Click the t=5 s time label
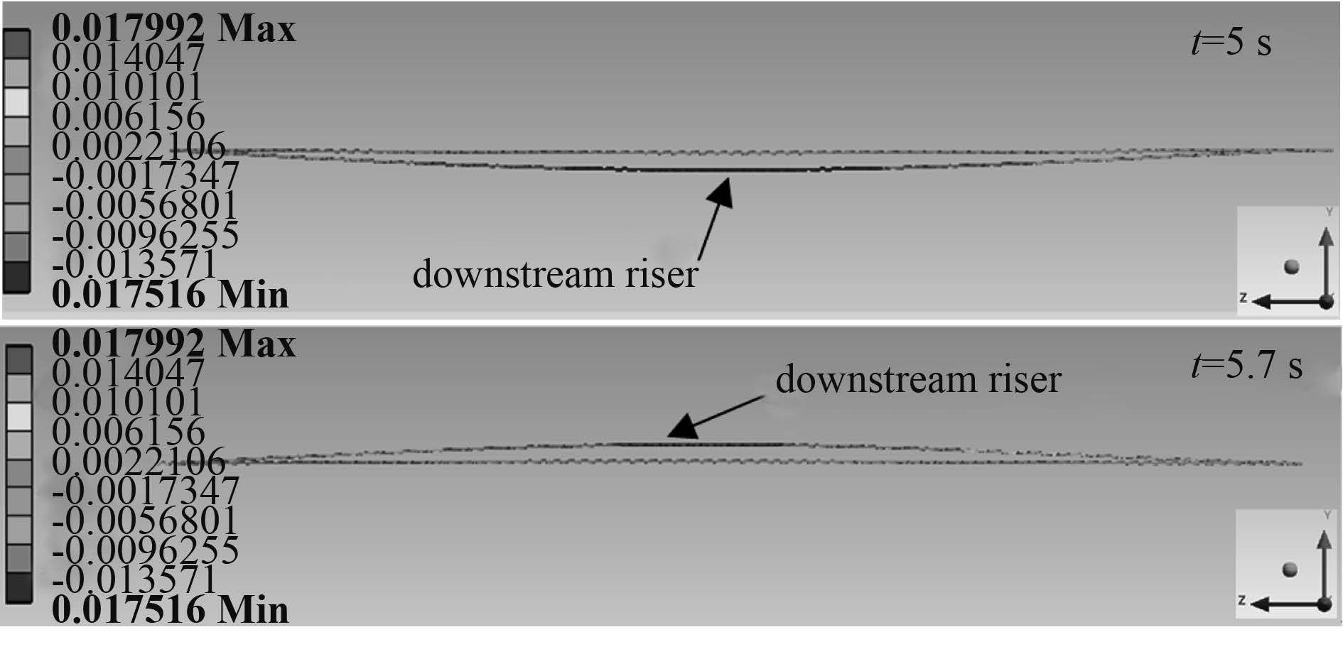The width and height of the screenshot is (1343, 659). [1231, 43]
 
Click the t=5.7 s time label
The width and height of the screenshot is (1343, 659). [1246, 366]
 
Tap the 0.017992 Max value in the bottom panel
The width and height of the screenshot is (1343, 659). [173, 344]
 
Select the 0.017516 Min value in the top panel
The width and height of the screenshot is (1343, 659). [171, 295]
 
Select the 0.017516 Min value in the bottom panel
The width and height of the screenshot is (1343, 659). [171, 610]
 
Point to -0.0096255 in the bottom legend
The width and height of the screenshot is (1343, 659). [146, 550]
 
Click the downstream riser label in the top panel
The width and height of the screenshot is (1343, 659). [555, 274]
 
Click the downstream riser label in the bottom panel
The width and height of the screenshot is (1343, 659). [918, 379]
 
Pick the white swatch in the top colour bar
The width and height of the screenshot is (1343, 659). [17, 102]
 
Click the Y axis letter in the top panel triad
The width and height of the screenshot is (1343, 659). [1328, 212]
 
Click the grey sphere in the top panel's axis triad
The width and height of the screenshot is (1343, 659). [1292, 266]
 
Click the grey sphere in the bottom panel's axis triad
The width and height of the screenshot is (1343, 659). [1290, 570]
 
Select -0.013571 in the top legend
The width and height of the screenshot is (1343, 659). [135, 265]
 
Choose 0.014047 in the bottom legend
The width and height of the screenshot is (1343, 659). [129, 373]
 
